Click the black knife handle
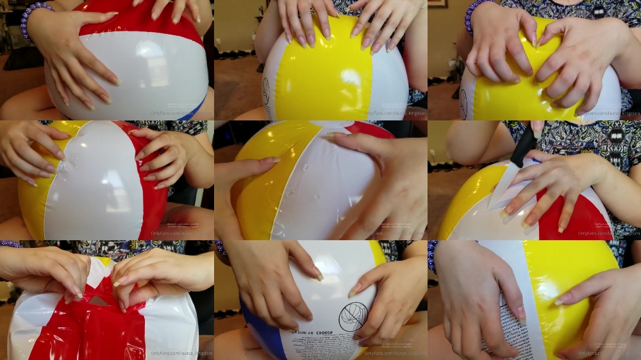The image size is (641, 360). [524, 145]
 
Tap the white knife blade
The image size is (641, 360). [503, 189]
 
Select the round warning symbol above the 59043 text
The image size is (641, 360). [353, 316]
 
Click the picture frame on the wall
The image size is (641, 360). [437, 3]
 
